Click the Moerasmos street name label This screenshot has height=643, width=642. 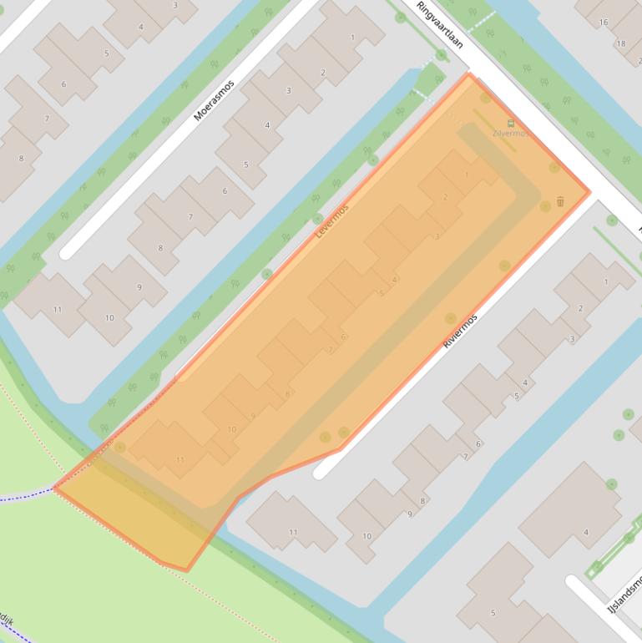[214, 100]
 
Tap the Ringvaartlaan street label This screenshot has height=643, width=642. [440, 24]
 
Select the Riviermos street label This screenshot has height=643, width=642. [460, 331]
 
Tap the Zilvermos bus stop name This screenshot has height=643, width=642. [511, 134]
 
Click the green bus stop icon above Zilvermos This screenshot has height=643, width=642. [511, 124]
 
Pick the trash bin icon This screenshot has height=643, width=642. [560, 201]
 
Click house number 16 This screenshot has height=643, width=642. [604, 23]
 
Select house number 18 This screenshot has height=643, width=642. [620, 43]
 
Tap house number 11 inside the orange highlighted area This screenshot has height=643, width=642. [180, 460]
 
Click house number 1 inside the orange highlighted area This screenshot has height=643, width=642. [467, 175]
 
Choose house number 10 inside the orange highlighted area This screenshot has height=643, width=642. [231, 430]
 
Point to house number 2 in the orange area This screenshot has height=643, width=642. [445, 197]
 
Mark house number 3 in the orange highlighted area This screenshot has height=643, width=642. [437, 237]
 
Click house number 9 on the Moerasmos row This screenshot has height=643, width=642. [139, 287]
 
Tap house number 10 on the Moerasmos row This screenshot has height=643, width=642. [109, 318]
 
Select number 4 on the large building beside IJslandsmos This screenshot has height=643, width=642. [586, 532]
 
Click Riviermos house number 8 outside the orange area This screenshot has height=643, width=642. [423, 501]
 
